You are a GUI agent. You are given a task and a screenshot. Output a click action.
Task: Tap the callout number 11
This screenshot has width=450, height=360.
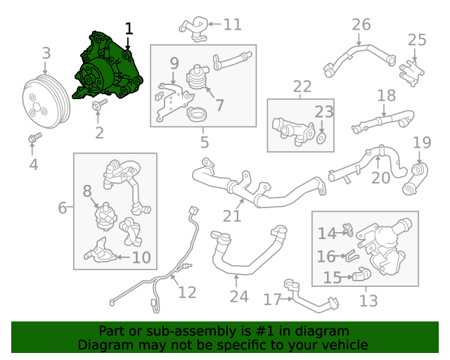coord(232,25)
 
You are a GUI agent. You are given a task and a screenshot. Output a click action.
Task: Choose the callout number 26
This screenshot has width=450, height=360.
coord(361,25)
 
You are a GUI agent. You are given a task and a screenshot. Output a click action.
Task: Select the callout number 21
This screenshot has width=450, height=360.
coord(232,216)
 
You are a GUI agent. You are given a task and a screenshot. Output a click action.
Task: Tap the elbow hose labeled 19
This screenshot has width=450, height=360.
coord(416,179)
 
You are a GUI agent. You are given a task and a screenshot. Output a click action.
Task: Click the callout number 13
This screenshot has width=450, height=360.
coord(368,301)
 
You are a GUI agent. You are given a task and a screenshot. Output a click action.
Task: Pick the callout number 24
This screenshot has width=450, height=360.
coord(239,296)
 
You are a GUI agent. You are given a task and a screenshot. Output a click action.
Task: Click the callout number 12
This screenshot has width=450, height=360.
coord(187,291)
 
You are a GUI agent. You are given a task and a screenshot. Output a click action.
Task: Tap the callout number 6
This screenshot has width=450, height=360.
coord(63,208)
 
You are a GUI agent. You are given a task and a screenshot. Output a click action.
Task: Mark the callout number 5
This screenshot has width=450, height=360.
coord(205,143)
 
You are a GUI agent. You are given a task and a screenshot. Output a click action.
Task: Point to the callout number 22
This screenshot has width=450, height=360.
coord(302,86)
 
